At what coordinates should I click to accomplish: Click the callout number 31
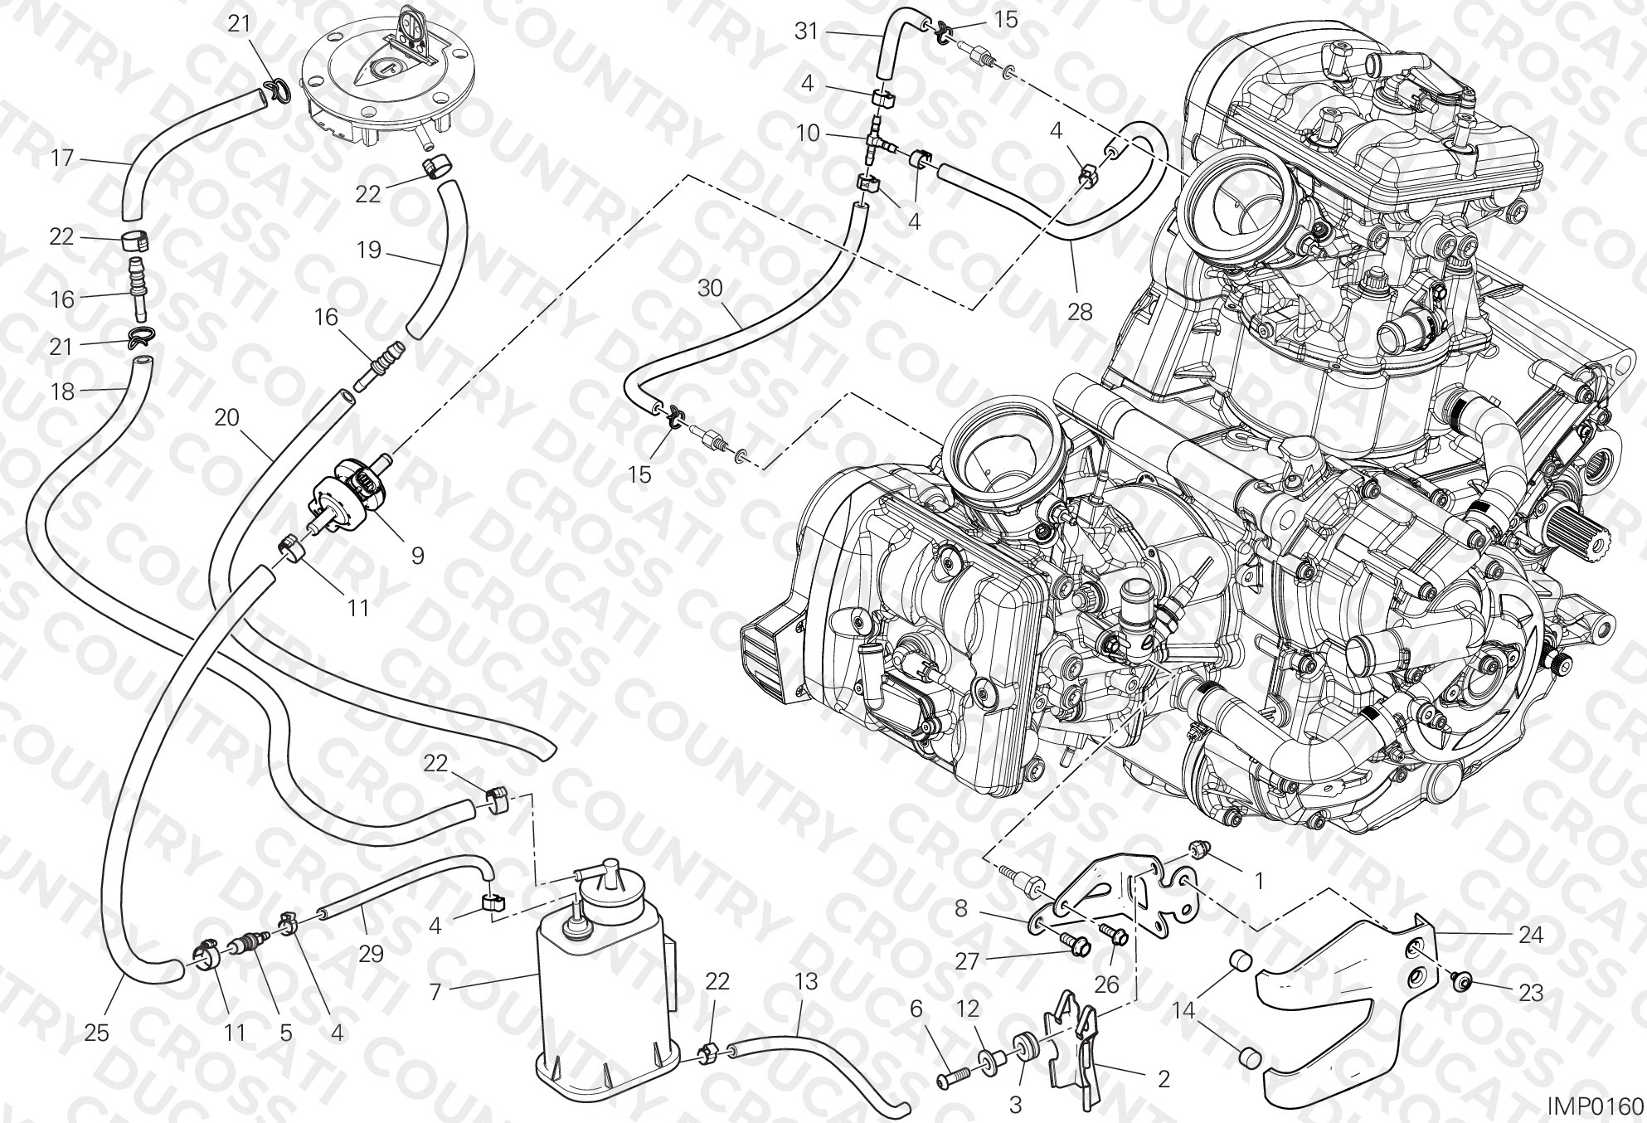tap(806, 32)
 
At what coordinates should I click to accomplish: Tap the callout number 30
tap(711, 289)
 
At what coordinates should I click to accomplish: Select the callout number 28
tap(1080, 312)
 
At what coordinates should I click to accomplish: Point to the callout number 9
tap(417, 555)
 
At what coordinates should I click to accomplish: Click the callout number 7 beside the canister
tap(436, 991)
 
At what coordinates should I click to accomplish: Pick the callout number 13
tap(806, 982)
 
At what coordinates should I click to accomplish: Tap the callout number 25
tap(96, 1033)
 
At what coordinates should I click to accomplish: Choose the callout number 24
tap(1530, 935)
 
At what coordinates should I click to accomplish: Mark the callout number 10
tap(809, 133)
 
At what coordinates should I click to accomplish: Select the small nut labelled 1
tap(1196, 871)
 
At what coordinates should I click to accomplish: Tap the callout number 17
tap(62, 158)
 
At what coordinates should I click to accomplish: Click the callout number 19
tap(368, 249)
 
